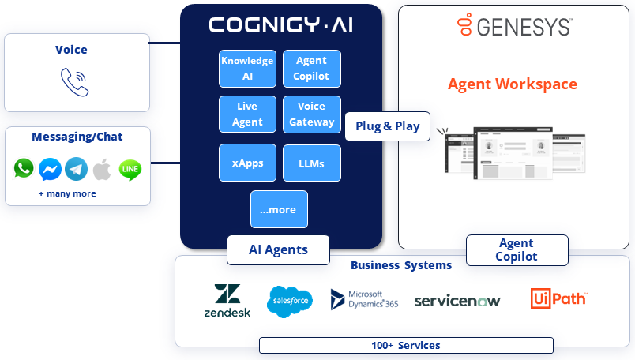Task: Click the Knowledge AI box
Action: [247, 69]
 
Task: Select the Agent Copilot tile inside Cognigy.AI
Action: [311, 69]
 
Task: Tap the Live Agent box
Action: [247, 114]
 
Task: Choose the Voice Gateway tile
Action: [311, 114]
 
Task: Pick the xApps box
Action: [247, 163]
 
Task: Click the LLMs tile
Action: [311, 163]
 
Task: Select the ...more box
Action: [279, 209]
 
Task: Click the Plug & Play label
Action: [387, 126]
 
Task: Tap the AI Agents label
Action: [278, 250]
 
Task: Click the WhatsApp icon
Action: [24, 168]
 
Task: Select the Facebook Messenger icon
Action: [50, 169]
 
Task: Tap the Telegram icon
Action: [76, 169]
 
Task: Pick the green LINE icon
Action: [130, 169]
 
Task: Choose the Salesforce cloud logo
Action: [290, 302]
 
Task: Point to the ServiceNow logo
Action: [457, 301]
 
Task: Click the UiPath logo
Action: [558, 298]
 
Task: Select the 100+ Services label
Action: [406, 345]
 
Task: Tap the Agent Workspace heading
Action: [513, 84]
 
